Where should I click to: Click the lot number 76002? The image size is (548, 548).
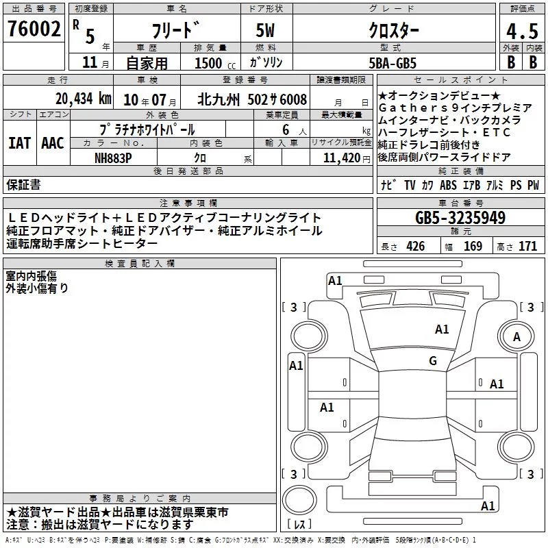[34, 29]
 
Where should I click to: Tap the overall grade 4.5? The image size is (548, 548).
[522, 32]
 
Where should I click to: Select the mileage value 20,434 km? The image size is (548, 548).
[84, 99]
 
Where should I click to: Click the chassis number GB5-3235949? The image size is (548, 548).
[460, 218]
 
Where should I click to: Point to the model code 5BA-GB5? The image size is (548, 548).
[393, 63]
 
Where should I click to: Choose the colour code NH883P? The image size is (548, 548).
[113, 158]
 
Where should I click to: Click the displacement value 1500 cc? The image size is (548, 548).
[215, 64]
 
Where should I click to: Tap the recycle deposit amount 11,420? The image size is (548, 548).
[342, 158]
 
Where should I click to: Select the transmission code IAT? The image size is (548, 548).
[19, 143]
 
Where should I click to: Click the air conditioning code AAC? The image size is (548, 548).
[53, 143]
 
